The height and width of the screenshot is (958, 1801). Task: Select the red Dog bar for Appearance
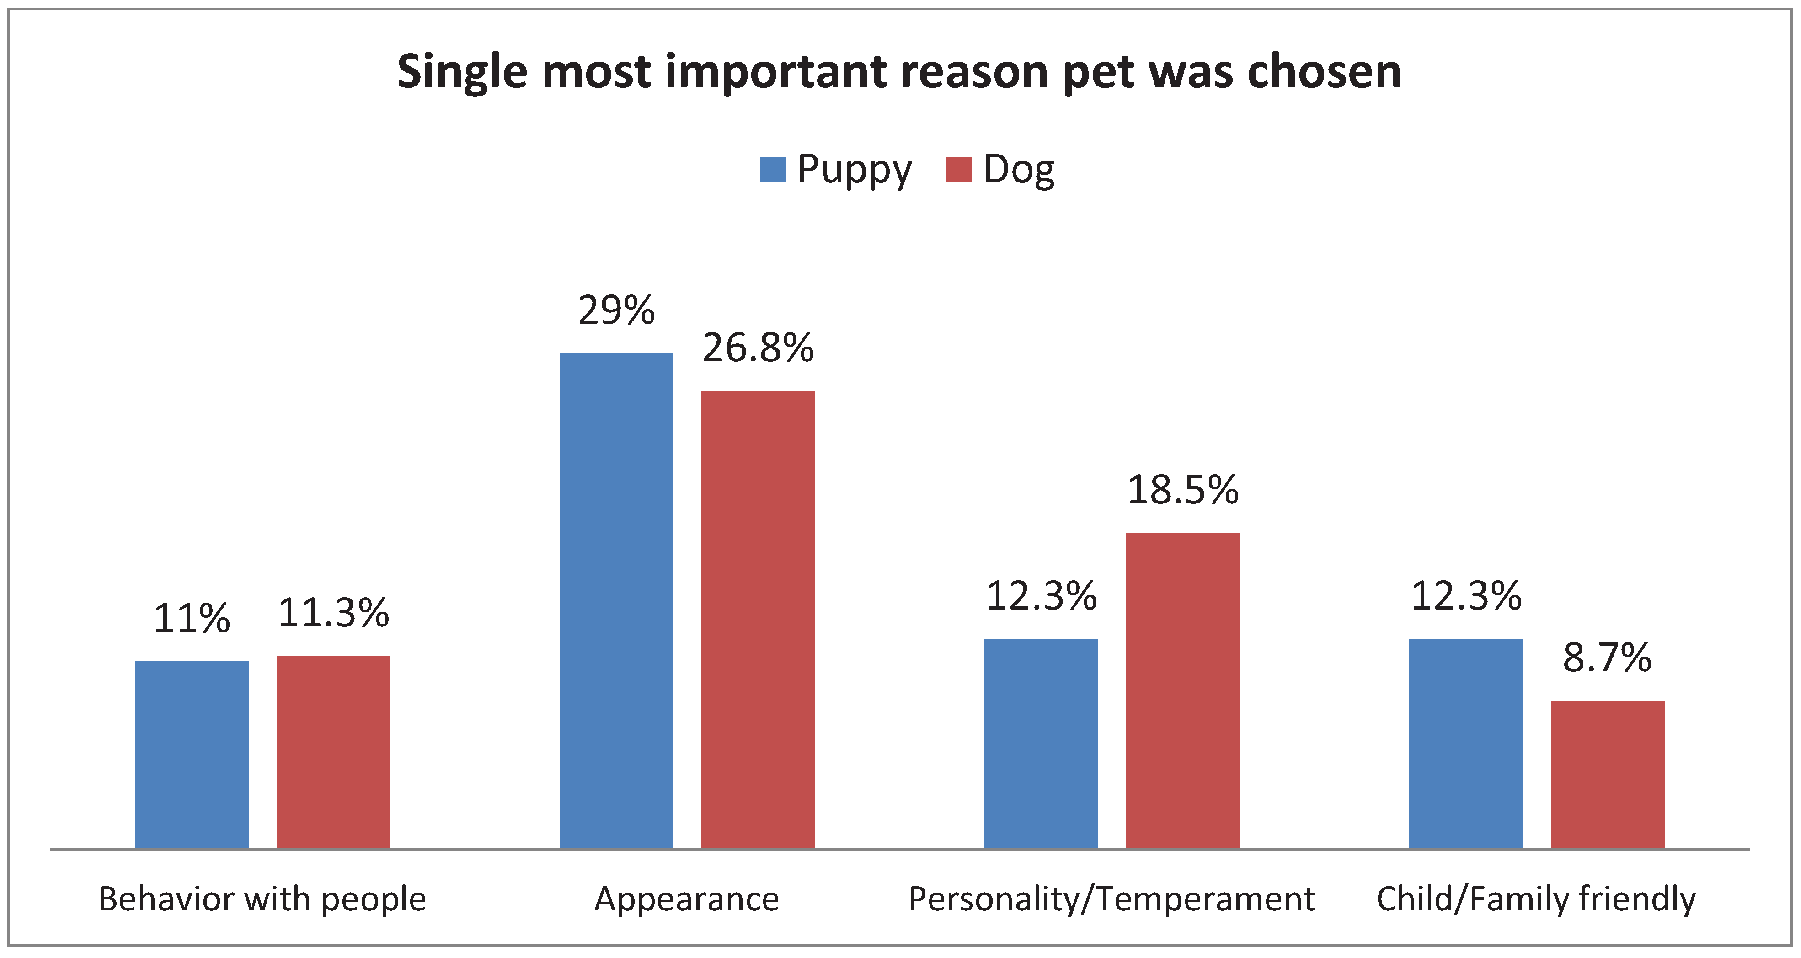(x=758, y=619)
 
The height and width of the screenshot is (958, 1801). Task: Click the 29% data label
(x=616, y=310)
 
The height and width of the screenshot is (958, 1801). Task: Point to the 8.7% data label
(x=1607, y=658)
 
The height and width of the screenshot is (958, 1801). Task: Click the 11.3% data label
(x=333, y=613)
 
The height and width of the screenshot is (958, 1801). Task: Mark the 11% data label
(x=192, y=619)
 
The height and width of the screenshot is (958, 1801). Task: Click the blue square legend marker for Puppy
(x=773, y=170)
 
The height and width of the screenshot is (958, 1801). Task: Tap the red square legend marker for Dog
(x=958, y=170)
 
